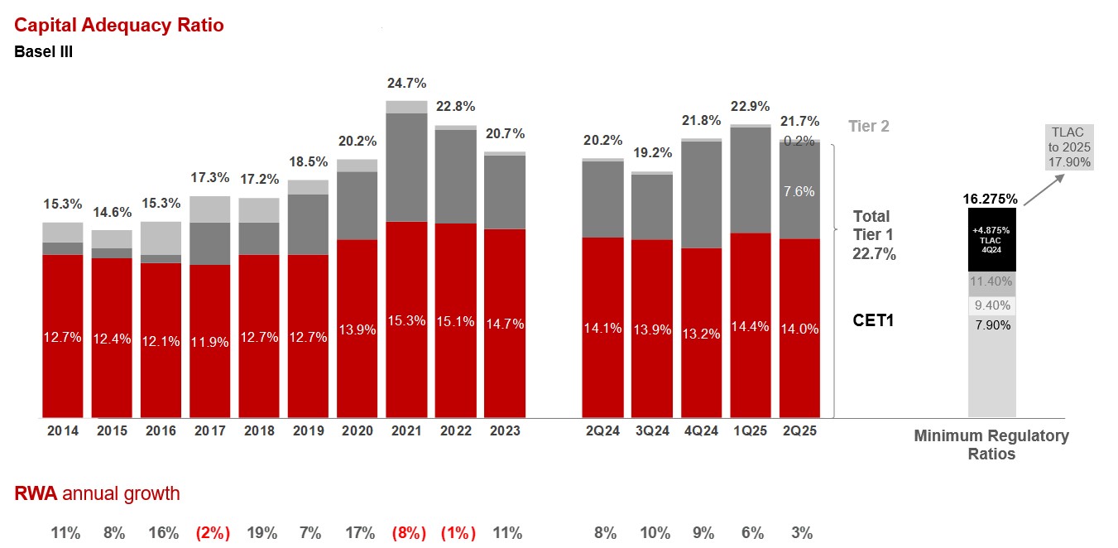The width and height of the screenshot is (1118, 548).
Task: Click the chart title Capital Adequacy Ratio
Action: tap(119, 25)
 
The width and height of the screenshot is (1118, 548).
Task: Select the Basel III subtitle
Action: tap(44, 52)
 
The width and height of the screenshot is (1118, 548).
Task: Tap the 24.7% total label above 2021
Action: tap(406, 83)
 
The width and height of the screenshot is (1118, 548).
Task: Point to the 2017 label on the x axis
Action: tap(210, 430)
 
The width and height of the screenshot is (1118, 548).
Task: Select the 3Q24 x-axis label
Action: tap(652, 430)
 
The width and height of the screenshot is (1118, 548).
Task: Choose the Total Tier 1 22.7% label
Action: tap(875, 235)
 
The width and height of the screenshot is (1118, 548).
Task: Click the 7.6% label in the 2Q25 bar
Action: tap(799, 191)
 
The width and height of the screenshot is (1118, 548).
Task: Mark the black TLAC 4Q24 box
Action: tap(992, 239)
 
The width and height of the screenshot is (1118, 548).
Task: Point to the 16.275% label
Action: tap(991, 199)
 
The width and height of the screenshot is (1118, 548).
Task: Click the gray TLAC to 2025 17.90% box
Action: tap(1070, 147)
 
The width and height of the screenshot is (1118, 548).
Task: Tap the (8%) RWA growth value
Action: tap(406, 533)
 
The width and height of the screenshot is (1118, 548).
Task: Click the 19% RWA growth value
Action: tap(262, 533)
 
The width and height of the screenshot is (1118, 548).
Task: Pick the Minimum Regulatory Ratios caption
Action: tap(991, 445)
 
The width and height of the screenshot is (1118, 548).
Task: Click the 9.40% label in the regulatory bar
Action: tap(992, 305)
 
